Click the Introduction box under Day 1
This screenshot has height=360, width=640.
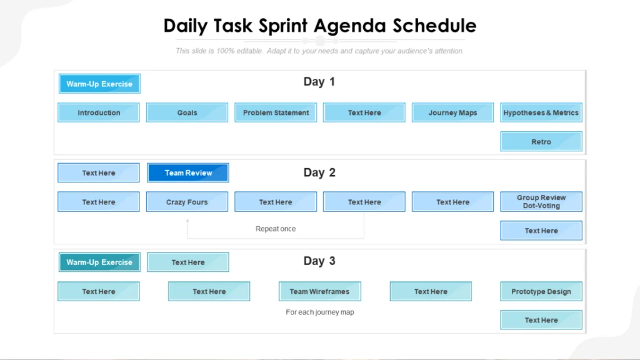click(x=99, y=112)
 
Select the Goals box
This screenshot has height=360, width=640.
click(x=187, y=112)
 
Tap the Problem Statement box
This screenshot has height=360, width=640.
click(x=276, y=112)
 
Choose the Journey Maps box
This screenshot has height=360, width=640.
click(x=452, y=112)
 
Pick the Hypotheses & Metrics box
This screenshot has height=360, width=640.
click(x=541, y=112)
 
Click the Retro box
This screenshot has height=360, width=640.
click(x=541, y=141)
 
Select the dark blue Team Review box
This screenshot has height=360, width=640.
click(x=188, y=172)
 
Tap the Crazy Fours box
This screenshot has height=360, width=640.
click(x=187, y=202)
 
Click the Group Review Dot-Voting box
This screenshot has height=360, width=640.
click(x=541, y=202)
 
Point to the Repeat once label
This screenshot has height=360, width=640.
click(x=276, y=229)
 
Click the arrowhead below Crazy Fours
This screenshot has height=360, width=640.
click(x=187, y=220)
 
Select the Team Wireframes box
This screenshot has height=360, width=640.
click(x=319, y=291)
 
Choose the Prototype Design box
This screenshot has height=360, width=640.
click(x=541, y=291)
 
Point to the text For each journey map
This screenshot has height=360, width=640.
click(x=320, y=312)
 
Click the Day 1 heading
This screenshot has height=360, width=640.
click(x=319, y=81)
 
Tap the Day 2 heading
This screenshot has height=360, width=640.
click(x=319, y=172)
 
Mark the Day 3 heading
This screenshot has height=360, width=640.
click(x=319, y=261)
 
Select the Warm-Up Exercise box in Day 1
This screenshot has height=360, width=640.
click(x=99, y=84)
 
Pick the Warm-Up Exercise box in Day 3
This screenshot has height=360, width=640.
click(x=99, y=262)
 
